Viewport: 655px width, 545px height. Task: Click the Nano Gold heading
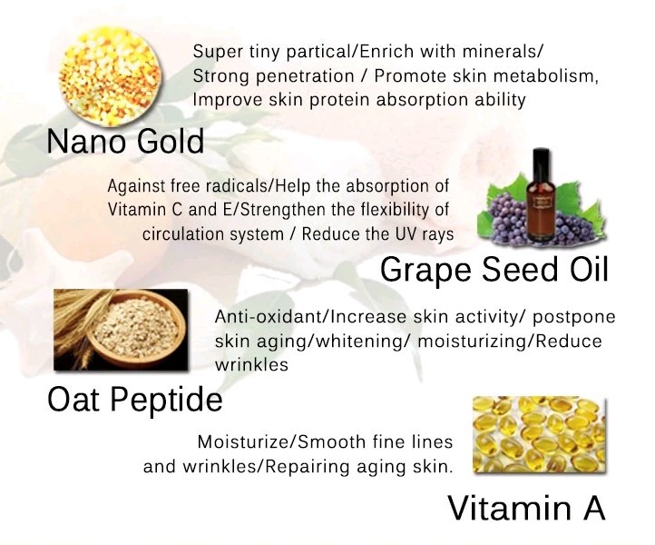[x=125, y=142]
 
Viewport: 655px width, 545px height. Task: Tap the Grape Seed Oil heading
[x=493, y=269]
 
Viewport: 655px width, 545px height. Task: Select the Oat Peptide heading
[x=135, y=399]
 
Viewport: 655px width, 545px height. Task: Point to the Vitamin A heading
[x=526, y=507]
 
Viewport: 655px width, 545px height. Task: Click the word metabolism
[x=547, y=75]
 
